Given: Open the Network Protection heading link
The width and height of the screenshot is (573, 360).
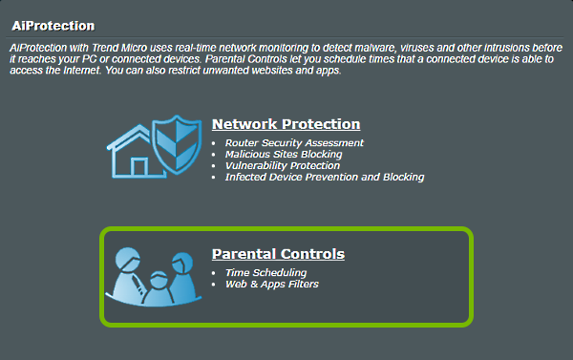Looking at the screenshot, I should click(x=286, y=124).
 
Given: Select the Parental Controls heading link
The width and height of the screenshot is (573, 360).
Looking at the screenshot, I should click(x=278, y=254).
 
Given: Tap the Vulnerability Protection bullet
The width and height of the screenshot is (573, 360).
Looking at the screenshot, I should click(x=282, y=166).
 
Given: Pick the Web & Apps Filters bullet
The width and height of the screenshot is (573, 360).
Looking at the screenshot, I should click(x=272, y=285).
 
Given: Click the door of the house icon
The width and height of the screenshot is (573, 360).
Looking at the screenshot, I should click(x=138, y=168).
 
